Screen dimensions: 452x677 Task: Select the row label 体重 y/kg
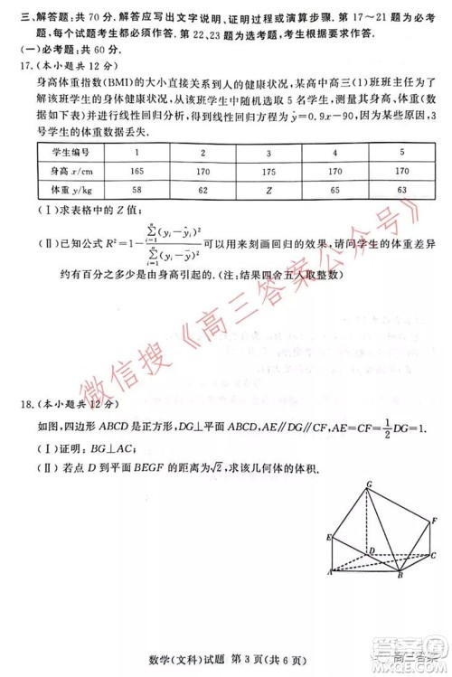coord(69,191)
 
